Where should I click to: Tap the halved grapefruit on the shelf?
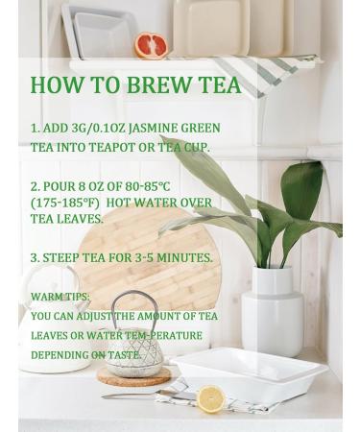click(151, 45)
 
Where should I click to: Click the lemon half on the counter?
click(210, 398)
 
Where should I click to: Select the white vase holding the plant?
click(272, 310)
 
